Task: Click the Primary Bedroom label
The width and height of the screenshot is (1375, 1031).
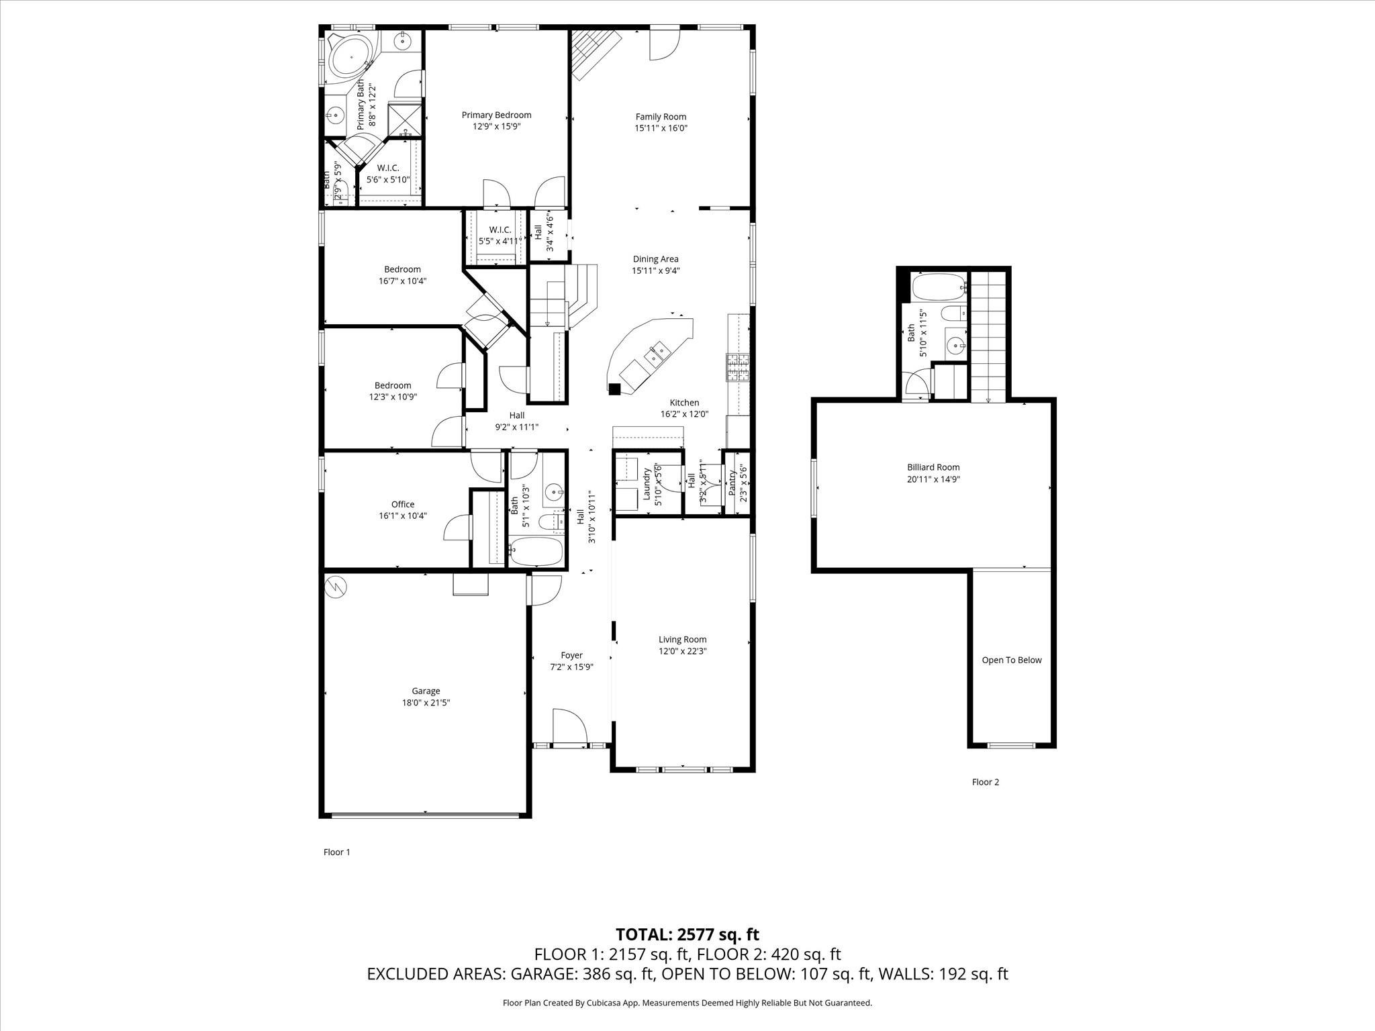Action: pyautogui.click(x=496, y=115)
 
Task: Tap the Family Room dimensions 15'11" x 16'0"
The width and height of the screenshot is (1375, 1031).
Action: pyautogui.click(x=661, y=128)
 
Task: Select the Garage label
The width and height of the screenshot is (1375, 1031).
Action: pyautogui.click(x=426, y=691)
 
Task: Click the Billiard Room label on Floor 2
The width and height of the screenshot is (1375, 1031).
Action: pyautogui.click(x=933, y=467)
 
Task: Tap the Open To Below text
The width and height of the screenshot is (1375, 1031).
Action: pyautogui.click(x=1011, y=660)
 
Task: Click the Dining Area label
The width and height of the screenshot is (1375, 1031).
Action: pyautogui.click(x=655, y=259)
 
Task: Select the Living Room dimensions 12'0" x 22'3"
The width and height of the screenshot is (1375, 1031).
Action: pyautogui.click(x=682, y=651)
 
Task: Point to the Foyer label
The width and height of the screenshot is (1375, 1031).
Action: pyautogui.click(x=571, y=655)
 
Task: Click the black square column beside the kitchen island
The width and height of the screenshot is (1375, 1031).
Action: pyautogui.click(x=614, y=388)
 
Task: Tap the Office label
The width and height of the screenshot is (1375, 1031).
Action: pyautogui.click(x=403, y=504)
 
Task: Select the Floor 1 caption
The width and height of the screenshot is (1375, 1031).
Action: pyautogui.click(x=337, y=852)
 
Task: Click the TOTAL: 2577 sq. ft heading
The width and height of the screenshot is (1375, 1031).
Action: pyautogui.click(x=687, y=934)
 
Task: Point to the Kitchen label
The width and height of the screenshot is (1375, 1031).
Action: pyautogui.click(x=684, y=403)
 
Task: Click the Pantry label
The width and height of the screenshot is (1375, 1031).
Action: pyautogui.click(x=732, y=482)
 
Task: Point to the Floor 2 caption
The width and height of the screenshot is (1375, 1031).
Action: pyautogui.click(x=985, y=782)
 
